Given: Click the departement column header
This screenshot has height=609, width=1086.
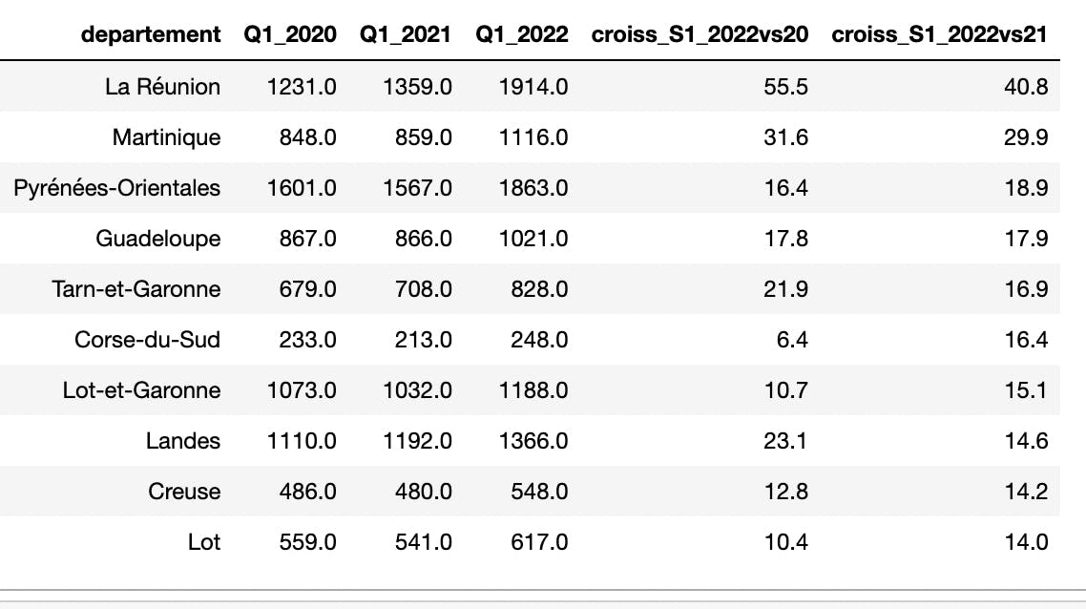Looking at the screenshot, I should pos(151,35).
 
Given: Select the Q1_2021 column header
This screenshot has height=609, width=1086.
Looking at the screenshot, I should pos(406,35).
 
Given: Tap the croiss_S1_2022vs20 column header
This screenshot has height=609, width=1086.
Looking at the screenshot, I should pos(700,35).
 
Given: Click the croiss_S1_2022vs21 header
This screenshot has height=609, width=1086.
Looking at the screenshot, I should pos(940,35).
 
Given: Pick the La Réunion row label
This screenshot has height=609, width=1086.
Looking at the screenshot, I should pos(162,87).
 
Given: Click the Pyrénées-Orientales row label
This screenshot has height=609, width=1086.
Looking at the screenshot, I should pos(116,188).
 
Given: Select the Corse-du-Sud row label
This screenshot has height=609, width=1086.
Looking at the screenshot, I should pos(147,340).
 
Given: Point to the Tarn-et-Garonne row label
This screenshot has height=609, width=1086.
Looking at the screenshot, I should pos(136,289).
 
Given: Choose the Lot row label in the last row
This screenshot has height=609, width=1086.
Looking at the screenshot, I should pos(204,542).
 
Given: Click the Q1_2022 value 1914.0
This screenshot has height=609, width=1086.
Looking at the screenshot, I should pos(533,87).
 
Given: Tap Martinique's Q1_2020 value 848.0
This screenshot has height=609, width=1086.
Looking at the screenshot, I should pos(310,137).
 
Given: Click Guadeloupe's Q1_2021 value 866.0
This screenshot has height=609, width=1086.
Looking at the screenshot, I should pos(426,239).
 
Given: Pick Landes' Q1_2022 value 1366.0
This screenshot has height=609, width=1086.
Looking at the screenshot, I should pos(533,441).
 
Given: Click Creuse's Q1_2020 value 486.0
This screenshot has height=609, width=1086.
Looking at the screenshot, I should pos(310,492).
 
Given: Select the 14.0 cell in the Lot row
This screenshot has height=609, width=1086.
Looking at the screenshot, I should pos(1029,542).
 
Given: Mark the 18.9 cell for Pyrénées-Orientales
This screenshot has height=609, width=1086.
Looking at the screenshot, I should pos(1029,188).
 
